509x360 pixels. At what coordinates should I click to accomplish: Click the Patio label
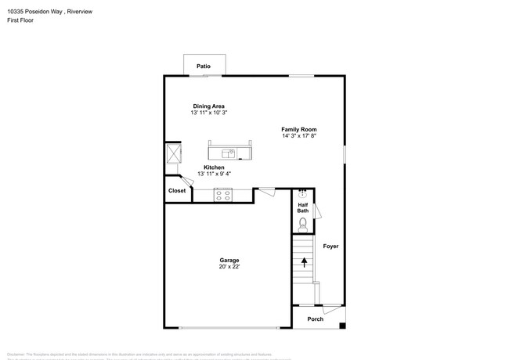[204, 67]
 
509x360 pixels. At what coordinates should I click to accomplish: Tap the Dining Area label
[209, 106]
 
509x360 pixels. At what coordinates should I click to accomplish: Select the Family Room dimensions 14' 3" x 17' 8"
[299, 136]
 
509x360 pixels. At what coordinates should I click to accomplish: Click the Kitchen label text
[214, 167]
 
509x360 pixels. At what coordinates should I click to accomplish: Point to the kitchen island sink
[229, 152]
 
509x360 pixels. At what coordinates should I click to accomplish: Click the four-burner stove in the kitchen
[222, 195]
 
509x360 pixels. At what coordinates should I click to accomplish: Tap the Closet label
[177, 190]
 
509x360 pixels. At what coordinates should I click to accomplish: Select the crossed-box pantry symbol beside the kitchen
[173, 153]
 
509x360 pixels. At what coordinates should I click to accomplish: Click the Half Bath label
[303, 207]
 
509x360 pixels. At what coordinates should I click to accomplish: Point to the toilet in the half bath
[304, 225]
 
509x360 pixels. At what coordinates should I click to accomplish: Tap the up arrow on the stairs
[304, 264]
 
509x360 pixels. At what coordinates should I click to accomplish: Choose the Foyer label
[331, 247]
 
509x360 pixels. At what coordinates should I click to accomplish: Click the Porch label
[315, 319]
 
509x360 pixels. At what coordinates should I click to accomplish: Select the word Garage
[229, 261]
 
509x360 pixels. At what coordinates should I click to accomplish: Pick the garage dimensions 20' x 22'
[229, 267]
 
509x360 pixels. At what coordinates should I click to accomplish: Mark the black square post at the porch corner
[342, 326]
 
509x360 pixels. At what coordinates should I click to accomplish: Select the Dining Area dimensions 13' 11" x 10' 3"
[209, 113]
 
